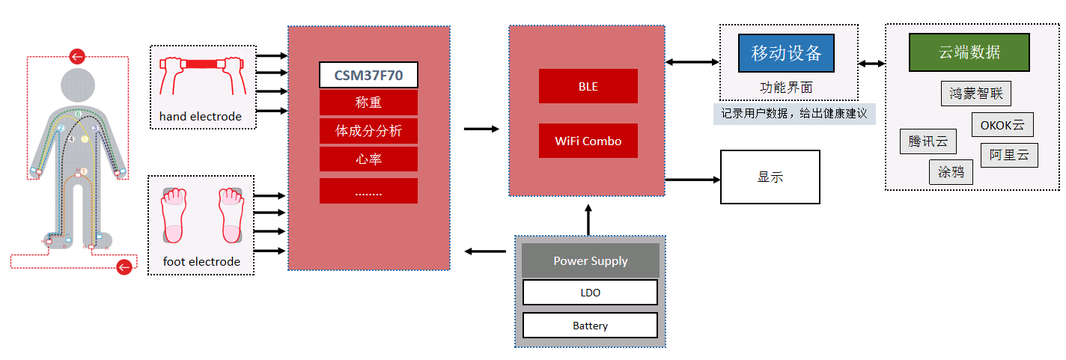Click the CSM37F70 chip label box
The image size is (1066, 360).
click(x=368, y=75)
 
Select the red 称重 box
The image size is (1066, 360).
click(x=368, y=103)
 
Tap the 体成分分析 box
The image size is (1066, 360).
click(x=368, y=131)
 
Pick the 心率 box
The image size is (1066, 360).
click(x=368, y=159)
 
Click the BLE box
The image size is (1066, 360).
click(x=588, y=86)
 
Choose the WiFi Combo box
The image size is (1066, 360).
click(x=588, y=141)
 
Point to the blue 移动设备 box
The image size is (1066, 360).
click(x=786, y=53)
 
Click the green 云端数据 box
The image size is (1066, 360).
click(x=969, y=52)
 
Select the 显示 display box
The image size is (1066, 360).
click(x=770, y=177)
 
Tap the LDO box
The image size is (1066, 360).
click(x=590, y=293)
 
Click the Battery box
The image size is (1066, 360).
click(x=590, y=326)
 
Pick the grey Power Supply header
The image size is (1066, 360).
click(x=590, y=261)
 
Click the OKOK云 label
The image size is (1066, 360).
click(x=1002, y=125)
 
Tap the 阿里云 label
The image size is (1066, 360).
click(x=1008, y=155)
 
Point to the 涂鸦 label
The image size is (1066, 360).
click(x=951, y=172)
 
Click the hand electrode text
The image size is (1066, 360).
click(x=201, y=117)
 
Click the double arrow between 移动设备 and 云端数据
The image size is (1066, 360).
click(x=871, y=64)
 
